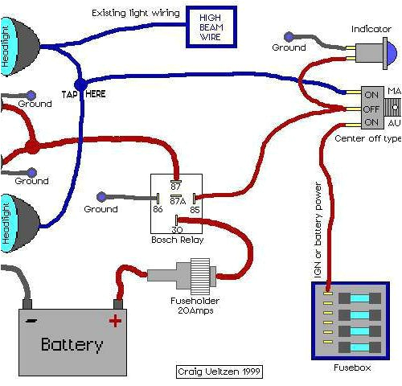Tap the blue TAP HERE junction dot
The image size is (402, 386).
pos(80,83)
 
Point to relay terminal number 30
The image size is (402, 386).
pos(175,228)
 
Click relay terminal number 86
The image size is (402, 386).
pos(158,209)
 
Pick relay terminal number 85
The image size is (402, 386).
pos(194,209)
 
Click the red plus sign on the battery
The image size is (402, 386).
pos(115,321)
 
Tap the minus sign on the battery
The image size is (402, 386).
pos(30,321)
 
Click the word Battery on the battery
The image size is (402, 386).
pos(72,346)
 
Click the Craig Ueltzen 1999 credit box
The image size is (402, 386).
pos(219,372)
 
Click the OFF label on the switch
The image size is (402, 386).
pos(371,107)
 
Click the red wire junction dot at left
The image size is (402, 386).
pos(31,147)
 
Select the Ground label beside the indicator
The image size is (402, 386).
pos(288,47)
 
